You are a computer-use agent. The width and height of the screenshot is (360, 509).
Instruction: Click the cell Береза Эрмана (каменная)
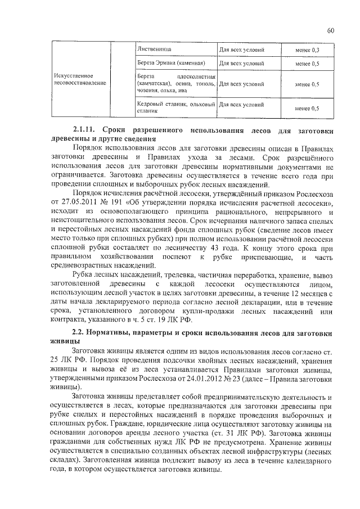coord(170,64)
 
